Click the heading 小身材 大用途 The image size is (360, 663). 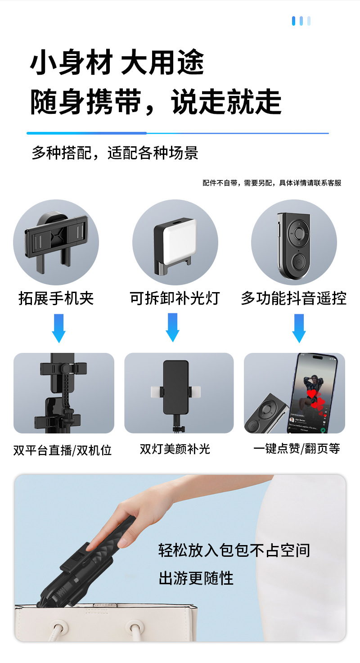[117, 62]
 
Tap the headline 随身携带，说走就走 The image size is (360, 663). [156, 101]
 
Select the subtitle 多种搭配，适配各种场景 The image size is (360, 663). [115, 153]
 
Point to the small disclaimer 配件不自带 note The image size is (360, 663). [272, 183]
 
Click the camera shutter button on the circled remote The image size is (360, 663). [299, 262]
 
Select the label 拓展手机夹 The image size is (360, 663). [56, 298]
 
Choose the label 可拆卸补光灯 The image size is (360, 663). [175, 298]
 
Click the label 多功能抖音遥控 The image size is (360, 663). [294, 298]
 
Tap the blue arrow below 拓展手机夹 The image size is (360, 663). [58, 328]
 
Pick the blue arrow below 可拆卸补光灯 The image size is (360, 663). [172, 328]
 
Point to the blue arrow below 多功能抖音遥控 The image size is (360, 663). [299, 328]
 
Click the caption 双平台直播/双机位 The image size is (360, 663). [63, 450]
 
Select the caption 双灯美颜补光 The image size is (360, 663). [175, 449]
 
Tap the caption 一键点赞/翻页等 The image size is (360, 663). [297, 448]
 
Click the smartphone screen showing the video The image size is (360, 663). [312, 394]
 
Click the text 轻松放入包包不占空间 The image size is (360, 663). [234, 550]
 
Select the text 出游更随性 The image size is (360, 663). [196, 578]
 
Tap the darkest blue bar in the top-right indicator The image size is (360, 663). [293, 21]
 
